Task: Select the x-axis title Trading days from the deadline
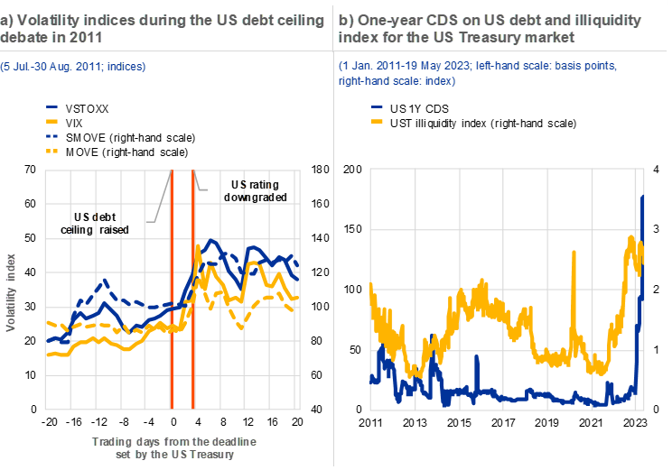coord(174,441)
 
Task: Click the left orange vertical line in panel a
coord(171,289)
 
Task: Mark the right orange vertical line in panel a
coord(193,289)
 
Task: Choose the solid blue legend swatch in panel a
coord(51,107)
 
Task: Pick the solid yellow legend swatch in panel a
coord(51,120)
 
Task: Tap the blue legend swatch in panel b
coord(377,107)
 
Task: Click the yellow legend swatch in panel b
coord(377,120)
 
